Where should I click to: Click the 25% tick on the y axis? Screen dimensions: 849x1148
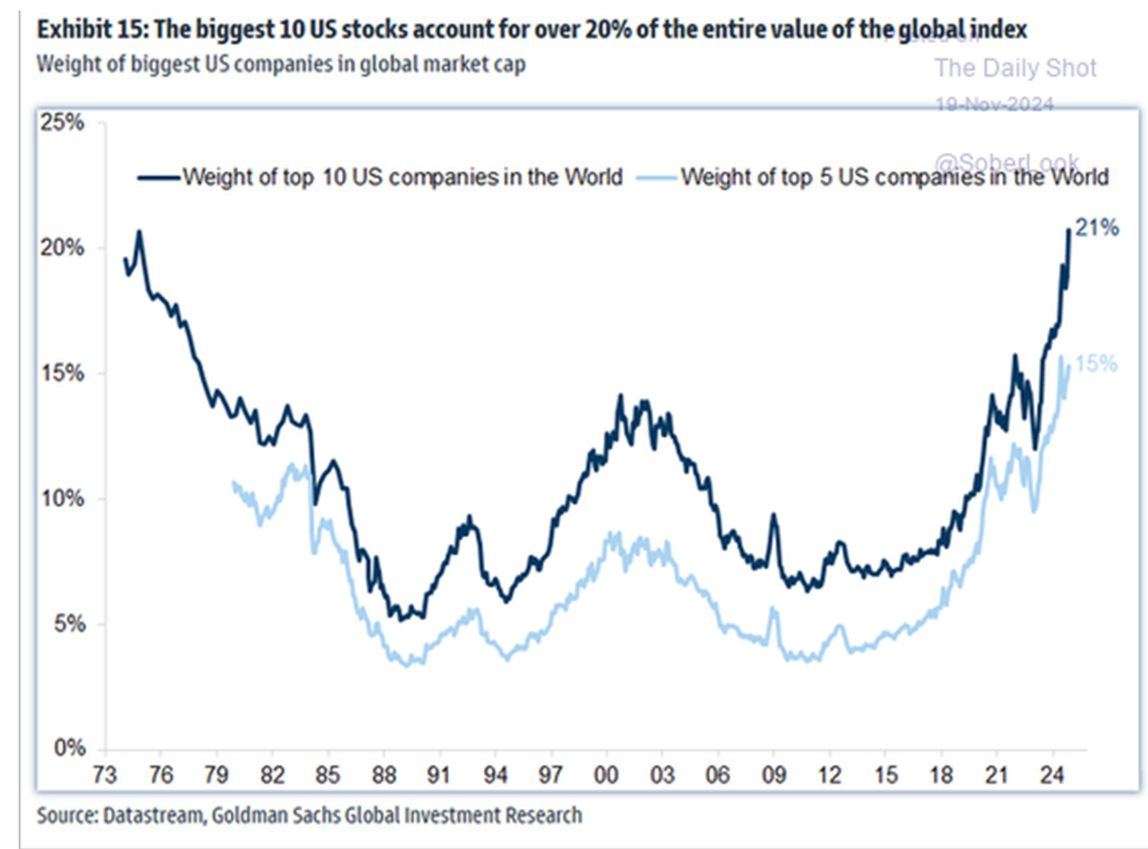(x=62, y=122)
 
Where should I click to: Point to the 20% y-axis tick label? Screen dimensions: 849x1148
(x=62, y=248)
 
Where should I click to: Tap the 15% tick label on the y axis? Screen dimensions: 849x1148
(x=62, y=373)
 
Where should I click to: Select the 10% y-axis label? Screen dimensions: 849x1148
(x=62, y=498)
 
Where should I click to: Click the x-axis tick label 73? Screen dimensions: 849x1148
(x=105, y=775)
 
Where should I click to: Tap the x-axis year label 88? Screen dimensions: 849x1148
(x=384, y=775)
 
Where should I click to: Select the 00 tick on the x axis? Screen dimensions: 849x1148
(x=606, y=775)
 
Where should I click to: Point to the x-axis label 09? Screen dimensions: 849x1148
(x=774, y=775)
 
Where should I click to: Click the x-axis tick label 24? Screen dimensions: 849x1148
(x=1052, y=775)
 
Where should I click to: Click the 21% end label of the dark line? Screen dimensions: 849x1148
(x=1097, y=228)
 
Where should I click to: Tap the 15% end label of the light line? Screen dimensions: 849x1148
(x=1096, y=364)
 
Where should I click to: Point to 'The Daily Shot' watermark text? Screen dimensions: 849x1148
(x=1015, y=68)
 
